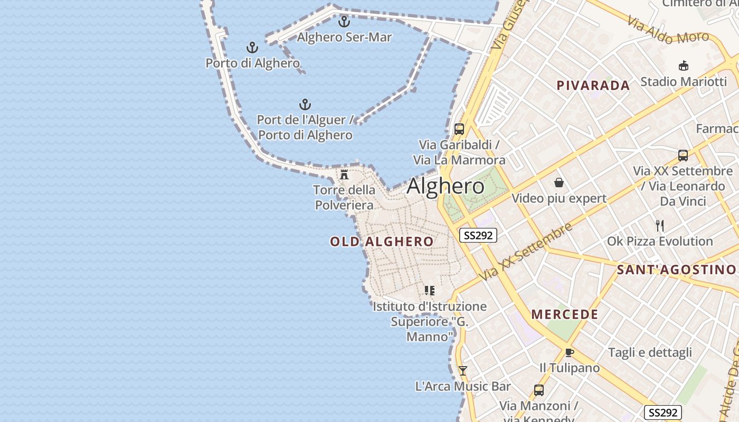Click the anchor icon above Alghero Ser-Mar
click(x=344, y=22)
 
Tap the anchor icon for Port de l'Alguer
click(x=305, y=104)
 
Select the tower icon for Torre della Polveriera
click(x=344, y=175)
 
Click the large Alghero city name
click(x=446, y=186)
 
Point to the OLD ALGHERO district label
click(x=382, y=242)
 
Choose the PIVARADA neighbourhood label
click(x=593, y=85)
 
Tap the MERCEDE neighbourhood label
click(x=565, y=314)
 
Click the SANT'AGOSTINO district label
click(x=676, y=270)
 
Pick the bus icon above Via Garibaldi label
click(x=459, y=129)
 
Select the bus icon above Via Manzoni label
click(x=538, y=390)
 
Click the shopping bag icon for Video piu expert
click(x=559, y=183)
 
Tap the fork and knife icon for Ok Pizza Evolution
click(x=660, y=226)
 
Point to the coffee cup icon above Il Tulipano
click(x=569, y=352)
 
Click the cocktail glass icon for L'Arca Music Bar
click(x=463, y=371)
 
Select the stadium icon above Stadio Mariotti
click(x=684, y=66)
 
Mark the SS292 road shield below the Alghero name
click(x=478, y=235)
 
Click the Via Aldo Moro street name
click(x=668, y=30)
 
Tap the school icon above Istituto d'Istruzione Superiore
click(x=430, y=290)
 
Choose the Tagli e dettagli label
click(x=650, y=352)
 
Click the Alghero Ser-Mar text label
click(x=344, y=37)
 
